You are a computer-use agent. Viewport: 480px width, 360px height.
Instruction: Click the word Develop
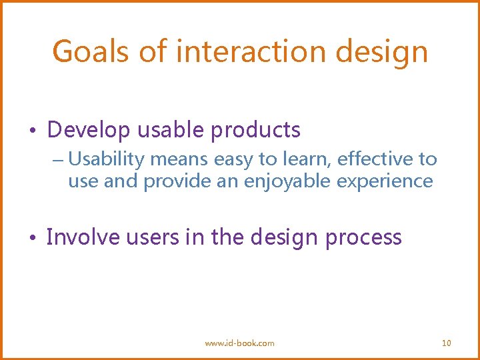click(89, 130)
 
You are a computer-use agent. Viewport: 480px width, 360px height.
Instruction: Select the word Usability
click(107, 159)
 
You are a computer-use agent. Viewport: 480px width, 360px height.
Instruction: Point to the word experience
click(397, 181)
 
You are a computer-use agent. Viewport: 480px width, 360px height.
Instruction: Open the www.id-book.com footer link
click(239, 343)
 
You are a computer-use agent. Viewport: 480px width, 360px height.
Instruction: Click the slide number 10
click(446, 343)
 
